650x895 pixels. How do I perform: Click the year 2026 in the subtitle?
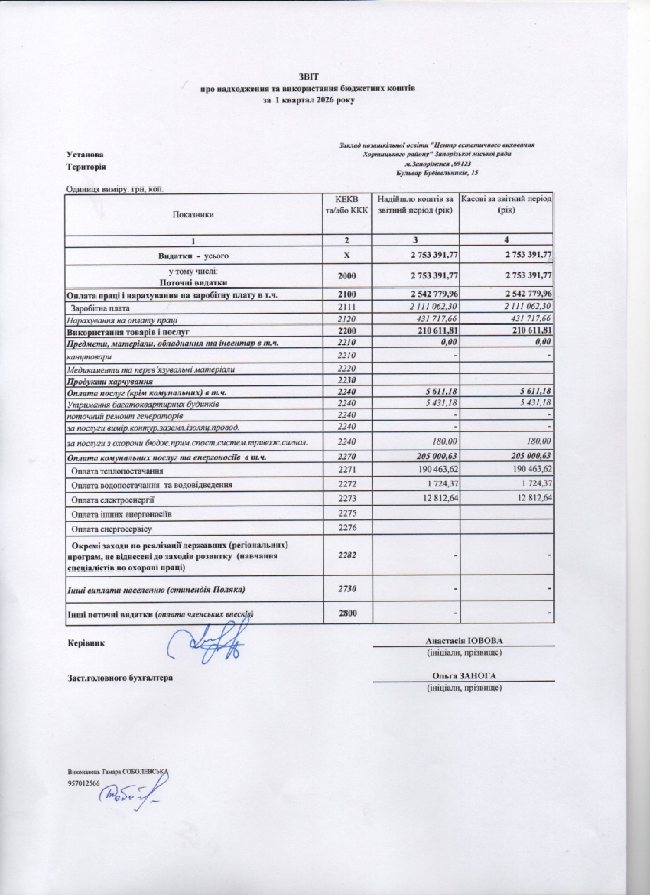click(x=322, y=100)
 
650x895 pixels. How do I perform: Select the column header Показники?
click(x=193, y=215)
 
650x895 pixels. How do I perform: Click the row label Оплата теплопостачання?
click(x=117, y=471)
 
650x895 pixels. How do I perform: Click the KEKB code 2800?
click(x=347, y=614)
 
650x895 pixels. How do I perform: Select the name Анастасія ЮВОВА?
click(x=464, y=641)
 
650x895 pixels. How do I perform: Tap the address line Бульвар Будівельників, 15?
click(x=437, y=173)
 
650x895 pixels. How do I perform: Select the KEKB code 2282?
click(x=347, y=555)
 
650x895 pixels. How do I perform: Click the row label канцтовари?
click(x=89, y=358)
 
